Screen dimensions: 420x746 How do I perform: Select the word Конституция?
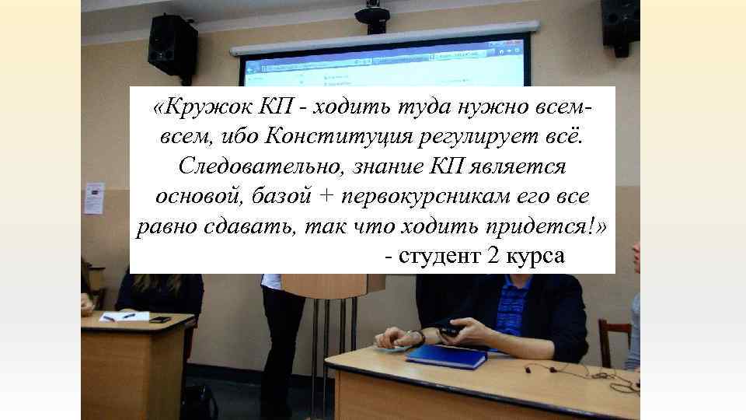tap(332, 137)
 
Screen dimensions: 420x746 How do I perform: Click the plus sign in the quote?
tap(325, 196)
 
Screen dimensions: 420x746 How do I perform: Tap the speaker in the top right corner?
tap(619, 23)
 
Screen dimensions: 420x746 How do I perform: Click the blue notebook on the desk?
tap(447, 355)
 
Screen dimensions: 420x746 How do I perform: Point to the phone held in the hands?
tap(448, 331)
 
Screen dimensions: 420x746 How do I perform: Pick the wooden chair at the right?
tap(615, 343)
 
